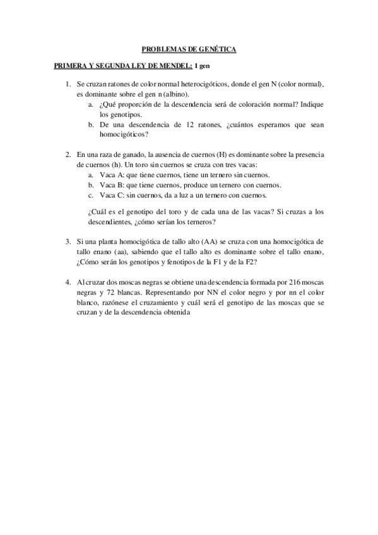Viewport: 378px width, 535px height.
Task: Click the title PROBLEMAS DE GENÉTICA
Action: [189, 49]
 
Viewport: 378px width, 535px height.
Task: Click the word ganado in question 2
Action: [127, 155]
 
